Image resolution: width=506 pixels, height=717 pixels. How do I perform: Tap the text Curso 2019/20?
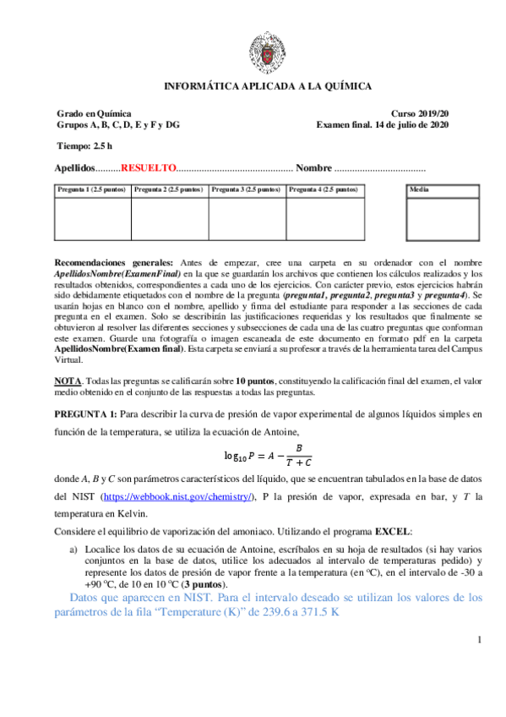(x=421, y=113)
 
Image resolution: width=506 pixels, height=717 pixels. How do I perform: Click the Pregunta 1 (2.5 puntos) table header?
(x=91, y=190)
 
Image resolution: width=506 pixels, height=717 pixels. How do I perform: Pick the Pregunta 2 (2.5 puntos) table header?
(x=169, y=190)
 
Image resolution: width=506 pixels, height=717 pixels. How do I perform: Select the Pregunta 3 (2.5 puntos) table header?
(x=247, y=190)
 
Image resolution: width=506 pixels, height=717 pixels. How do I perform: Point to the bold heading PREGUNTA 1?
(x=85, y=414)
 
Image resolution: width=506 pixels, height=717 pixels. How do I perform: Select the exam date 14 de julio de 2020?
(x=402, y=124)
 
